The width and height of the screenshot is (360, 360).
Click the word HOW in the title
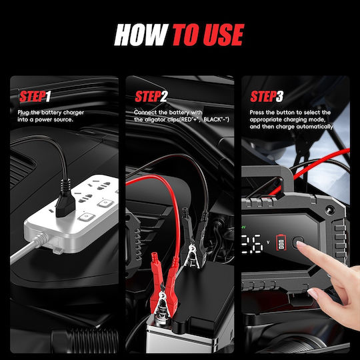tap(141, 35)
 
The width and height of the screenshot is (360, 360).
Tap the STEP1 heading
tap(35, 96)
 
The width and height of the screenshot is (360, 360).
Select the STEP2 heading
tap(151, 96)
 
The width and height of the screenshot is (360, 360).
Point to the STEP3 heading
tap(267, 96)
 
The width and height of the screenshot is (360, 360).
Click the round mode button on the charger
tap(298, 243)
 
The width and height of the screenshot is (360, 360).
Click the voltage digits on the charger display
tap(252, 243)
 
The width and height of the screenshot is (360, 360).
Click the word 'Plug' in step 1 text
tap(23, 113)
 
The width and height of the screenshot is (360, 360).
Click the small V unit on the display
tap(268, 242)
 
